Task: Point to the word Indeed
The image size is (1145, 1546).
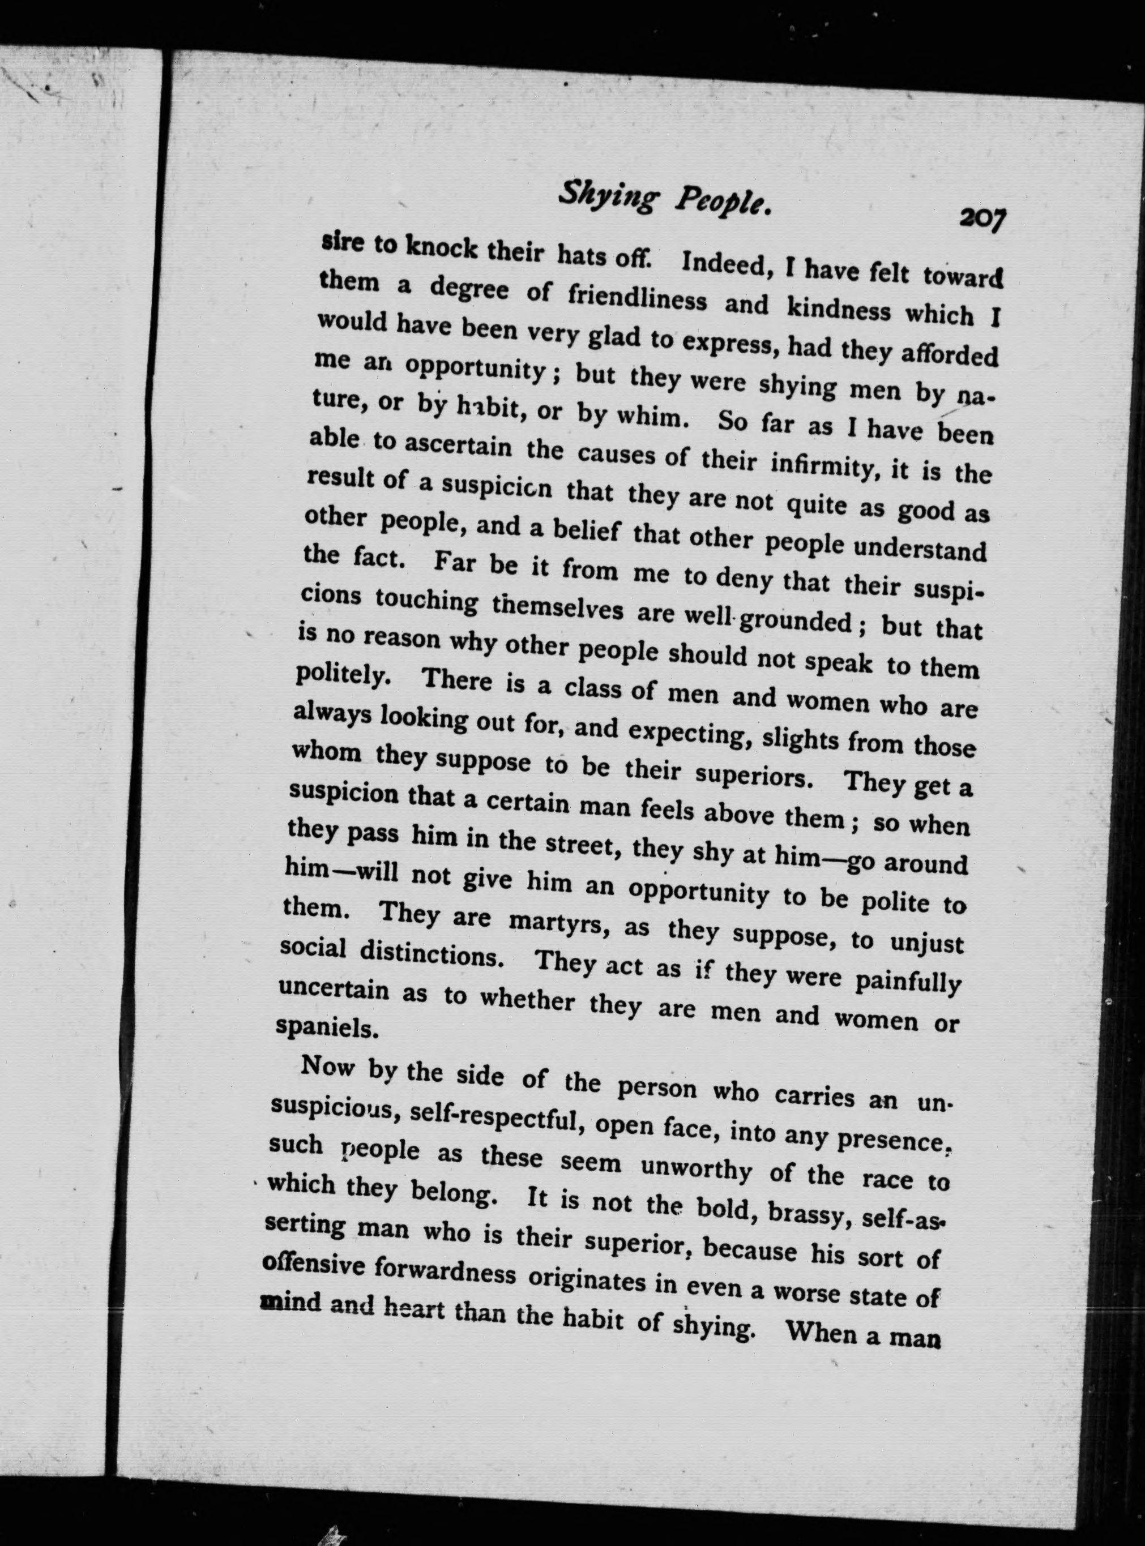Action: (x=727, y=264)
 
